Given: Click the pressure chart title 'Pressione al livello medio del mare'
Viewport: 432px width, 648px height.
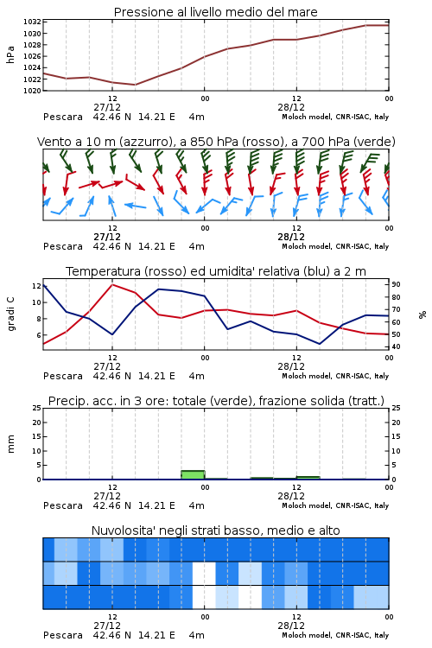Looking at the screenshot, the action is coord(215,12).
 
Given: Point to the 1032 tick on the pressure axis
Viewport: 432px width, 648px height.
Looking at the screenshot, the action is coord(32,22).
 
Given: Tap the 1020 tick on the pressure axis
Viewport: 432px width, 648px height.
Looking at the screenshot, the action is coord(32,91).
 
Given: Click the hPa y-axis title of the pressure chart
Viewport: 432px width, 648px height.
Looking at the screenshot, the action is coord(10,54).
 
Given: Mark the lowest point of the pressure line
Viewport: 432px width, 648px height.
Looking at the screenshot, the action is coord(135,85).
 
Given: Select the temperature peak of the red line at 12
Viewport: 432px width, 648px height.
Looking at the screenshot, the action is coord(112,284).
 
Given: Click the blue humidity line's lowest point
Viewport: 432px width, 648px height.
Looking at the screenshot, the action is coord(319,344).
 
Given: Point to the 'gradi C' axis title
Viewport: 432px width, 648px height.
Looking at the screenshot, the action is coord(11,314).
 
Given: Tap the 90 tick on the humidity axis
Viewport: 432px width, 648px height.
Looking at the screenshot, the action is coord(396,284).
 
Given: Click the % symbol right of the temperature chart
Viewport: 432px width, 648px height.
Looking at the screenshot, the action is coord(422,314).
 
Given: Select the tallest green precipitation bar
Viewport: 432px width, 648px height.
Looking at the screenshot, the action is coord(193,475).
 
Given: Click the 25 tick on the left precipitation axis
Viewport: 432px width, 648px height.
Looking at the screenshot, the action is coord(37,408).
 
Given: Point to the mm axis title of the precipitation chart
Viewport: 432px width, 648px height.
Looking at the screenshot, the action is coord(11,444).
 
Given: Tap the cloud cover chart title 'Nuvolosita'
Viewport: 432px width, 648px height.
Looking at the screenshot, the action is coord(215,530).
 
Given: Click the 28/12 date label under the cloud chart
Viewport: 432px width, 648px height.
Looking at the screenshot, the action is coord(291,626).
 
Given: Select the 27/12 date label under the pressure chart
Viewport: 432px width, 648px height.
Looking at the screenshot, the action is coord(107,107).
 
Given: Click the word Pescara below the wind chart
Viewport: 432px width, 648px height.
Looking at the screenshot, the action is coord(63,246).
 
